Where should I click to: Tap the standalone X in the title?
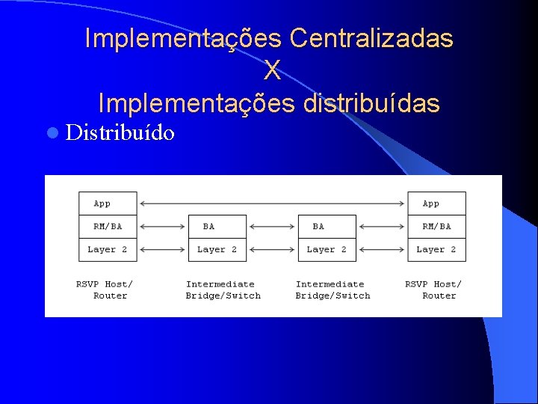coord(272,70)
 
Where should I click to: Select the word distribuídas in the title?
coord(371,103)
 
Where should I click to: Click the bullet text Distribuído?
coord(120,133)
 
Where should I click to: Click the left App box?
coord(108,203)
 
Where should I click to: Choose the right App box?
coord(436,203)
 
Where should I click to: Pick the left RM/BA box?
coord(108,226)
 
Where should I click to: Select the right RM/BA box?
coord(436,226)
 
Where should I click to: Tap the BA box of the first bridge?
coord(217,226)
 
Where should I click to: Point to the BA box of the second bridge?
coord(327,226)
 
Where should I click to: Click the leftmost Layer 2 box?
coord(108,249)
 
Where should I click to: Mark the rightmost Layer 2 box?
coord(436,249)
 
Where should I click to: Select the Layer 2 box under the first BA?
coord(217,249)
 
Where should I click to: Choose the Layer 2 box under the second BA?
coord(327,249)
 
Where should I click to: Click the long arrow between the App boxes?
coord(272,203)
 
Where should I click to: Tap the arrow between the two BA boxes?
coord(272,226)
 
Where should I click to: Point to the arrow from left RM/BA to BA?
coord(162,226)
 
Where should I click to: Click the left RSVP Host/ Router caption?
coord(105,290)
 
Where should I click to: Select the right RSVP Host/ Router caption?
coord(434,290)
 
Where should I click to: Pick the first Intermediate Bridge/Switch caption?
coord(223,290)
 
